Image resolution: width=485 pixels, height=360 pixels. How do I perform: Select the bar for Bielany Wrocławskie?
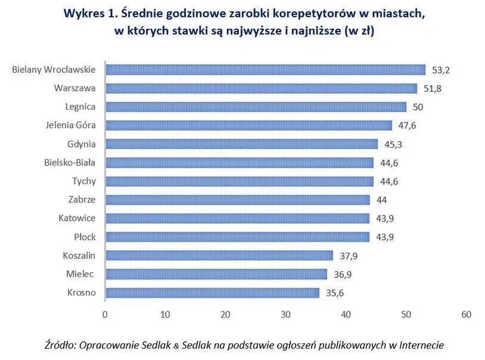pos(265,70)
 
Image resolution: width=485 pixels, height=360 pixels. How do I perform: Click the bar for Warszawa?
pos(261,88)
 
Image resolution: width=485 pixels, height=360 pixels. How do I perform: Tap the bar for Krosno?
pos(212,293)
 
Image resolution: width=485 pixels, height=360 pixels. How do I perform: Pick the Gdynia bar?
pos(241,144)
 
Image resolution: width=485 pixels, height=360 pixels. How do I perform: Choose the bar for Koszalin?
pos(219,255)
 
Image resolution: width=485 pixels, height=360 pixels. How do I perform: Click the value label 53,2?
pos(440,70)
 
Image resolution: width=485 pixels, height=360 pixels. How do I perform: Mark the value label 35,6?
pos(334,293)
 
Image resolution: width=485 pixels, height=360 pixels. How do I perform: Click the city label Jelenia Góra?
pos(70,125)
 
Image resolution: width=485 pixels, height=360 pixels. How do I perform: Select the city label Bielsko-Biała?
pos(70,162)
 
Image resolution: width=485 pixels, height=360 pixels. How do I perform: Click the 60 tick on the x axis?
pos(466,315)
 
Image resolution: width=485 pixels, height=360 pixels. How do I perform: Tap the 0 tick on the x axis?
pos(105,315)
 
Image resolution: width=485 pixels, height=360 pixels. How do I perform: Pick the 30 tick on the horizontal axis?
pos(285,315)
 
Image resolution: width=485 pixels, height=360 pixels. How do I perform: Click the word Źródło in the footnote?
pos(60,345)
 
